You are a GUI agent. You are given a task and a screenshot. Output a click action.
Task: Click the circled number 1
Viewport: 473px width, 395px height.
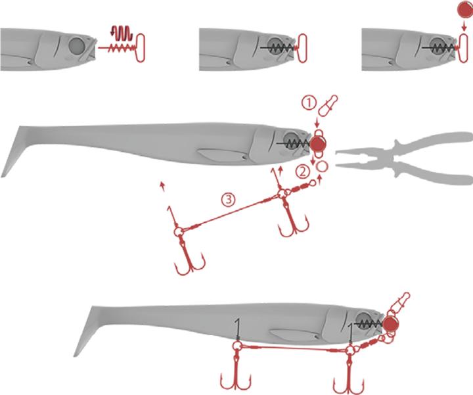coord(308,104)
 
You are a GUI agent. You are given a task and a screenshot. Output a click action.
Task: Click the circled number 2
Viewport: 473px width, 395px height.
coord(302,172)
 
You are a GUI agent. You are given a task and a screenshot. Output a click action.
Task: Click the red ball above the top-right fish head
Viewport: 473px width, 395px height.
coord(464,10)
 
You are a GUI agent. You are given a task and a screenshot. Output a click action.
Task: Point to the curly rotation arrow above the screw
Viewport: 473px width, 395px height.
coord(121,33)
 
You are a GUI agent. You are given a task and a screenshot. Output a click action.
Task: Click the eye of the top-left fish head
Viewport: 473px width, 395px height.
coord(76,45)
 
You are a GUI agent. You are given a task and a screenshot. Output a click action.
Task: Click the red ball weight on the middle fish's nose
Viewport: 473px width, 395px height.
coord(319,144)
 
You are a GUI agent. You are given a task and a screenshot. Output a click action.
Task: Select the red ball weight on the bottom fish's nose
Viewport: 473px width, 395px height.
coord(391,324)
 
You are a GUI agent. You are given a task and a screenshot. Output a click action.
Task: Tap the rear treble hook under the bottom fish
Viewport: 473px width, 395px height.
coord(236,371)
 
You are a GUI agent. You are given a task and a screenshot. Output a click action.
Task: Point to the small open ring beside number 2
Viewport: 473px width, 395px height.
coord(322,166)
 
